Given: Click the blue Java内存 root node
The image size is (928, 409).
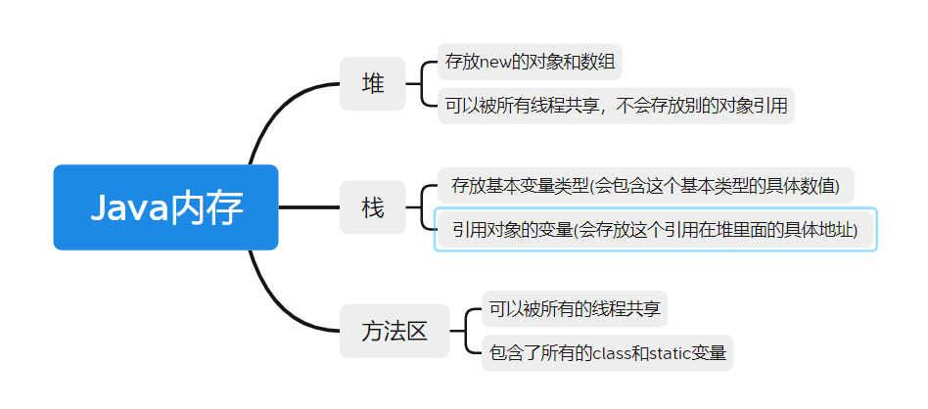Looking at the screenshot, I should tap(165, 207).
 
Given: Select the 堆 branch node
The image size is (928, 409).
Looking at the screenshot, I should tap(372, 84).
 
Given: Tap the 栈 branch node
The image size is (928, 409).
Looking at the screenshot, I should tap(372, 207).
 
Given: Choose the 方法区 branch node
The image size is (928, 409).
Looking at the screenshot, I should tap(394, 332).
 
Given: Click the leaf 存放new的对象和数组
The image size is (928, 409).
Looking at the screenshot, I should tap(530, 62).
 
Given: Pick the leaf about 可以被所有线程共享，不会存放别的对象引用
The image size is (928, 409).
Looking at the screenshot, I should tap(616, 105).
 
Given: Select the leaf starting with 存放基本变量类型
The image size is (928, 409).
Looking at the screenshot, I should tap(645, 185).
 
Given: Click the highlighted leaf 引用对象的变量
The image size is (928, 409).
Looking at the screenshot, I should tap(655, 230).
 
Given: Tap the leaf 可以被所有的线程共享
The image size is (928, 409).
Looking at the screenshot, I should tap(575, 310).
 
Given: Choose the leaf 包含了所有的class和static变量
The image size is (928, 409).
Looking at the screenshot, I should tap(607, 352).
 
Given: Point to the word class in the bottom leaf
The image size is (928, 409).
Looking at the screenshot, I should tap(614, 352).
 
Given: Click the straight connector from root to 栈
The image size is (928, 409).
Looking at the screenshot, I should tap(308, 207).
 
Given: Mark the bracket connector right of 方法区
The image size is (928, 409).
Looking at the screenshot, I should tap(467, 331).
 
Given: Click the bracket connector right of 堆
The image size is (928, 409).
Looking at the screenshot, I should tap(422, 83).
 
